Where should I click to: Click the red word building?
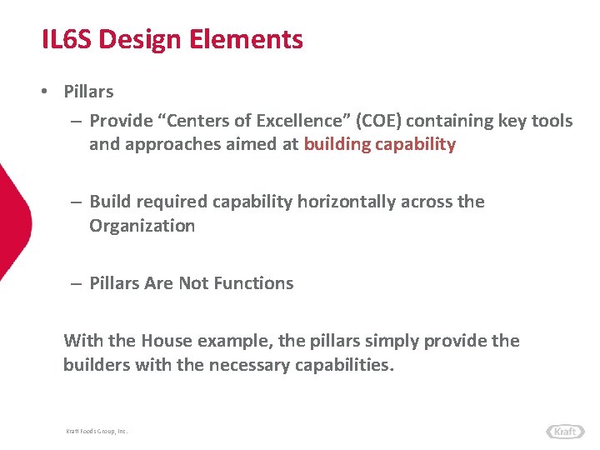point(337,144)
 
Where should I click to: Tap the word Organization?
point(142,226)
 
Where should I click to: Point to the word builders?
point(96,365)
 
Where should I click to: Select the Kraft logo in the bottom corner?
point(565,431)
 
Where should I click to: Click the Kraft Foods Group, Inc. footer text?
point(97,431)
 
